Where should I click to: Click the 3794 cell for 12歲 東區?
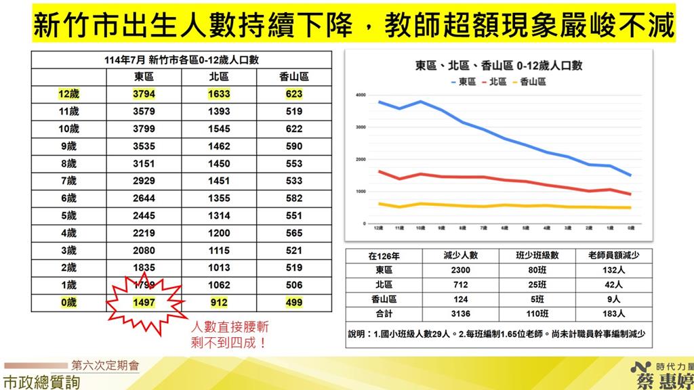coord(144,94)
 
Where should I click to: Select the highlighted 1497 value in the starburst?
coord(144,302)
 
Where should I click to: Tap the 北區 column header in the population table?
coord(219,77)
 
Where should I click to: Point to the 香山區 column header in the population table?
coord(294,77)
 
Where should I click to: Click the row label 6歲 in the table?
coord(68,198)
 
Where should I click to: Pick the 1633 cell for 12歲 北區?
coord(219,94)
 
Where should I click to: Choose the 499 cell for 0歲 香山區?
coord(294,302)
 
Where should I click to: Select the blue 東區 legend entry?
coord(464,81)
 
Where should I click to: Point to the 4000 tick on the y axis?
coord(361,95)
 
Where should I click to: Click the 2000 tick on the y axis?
coord(361,159)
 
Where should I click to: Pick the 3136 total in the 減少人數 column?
coord(460,313)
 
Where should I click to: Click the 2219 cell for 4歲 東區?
coord(144,232)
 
